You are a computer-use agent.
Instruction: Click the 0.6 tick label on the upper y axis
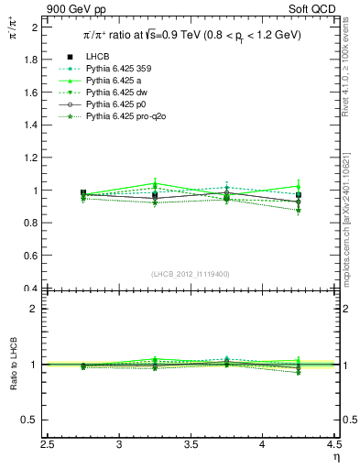(33, 256)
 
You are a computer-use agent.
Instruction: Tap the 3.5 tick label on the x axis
(191, 444)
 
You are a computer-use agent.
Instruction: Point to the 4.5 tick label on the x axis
(333, 444)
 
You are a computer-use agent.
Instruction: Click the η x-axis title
(336, 456)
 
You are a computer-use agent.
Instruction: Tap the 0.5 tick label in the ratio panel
(33, 420)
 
